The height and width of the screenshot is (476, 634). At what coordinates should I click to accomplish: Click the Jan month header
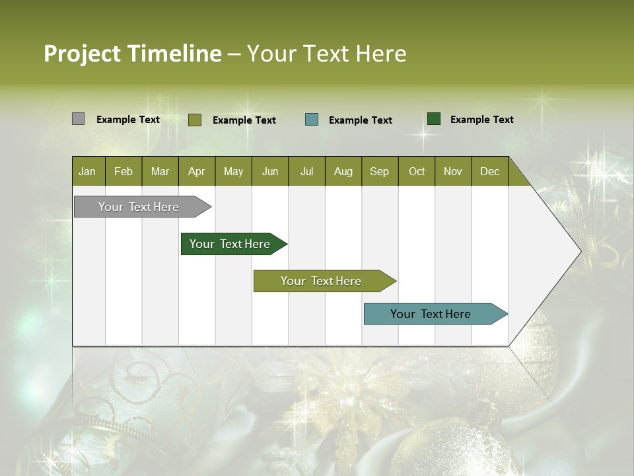pos(88,171)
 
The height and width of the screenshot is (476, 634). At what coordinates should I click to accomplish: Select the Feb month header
pos(123,171)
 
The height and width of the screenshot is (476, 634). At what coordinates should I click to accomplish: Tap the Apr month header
pos(196,171)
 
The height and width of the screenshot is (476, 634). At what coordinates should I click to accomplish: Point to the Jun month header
pos(270,171)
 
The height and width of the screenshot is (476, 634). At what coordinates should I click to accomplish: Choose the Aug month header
pos(343,171)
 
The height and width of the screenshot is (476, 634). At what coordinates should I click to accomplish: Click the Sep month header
pos(379,171)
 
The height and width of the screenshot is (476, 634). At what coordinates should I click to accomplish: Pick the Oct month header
pos(417,171)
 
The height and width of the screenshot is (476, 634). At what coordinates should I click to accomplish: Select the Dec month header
pos(489,171)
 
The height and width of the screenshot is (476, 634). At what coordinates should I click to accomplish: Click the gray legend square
pos(79,119)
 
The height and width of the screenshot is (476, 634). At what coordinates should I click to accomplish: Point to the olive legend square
pos(195,120)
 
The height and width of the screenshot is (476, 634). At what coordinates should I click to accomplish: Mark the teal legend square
pos(312,120)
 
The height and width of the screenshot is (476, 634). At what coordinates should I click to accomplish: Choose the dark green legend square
pos(434,119)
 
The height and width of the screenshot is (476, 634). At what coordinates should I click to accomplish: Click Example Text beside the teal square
pos(361,120)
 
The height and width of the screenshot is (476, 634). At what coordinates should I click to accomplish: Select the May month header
pos(233,171)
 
